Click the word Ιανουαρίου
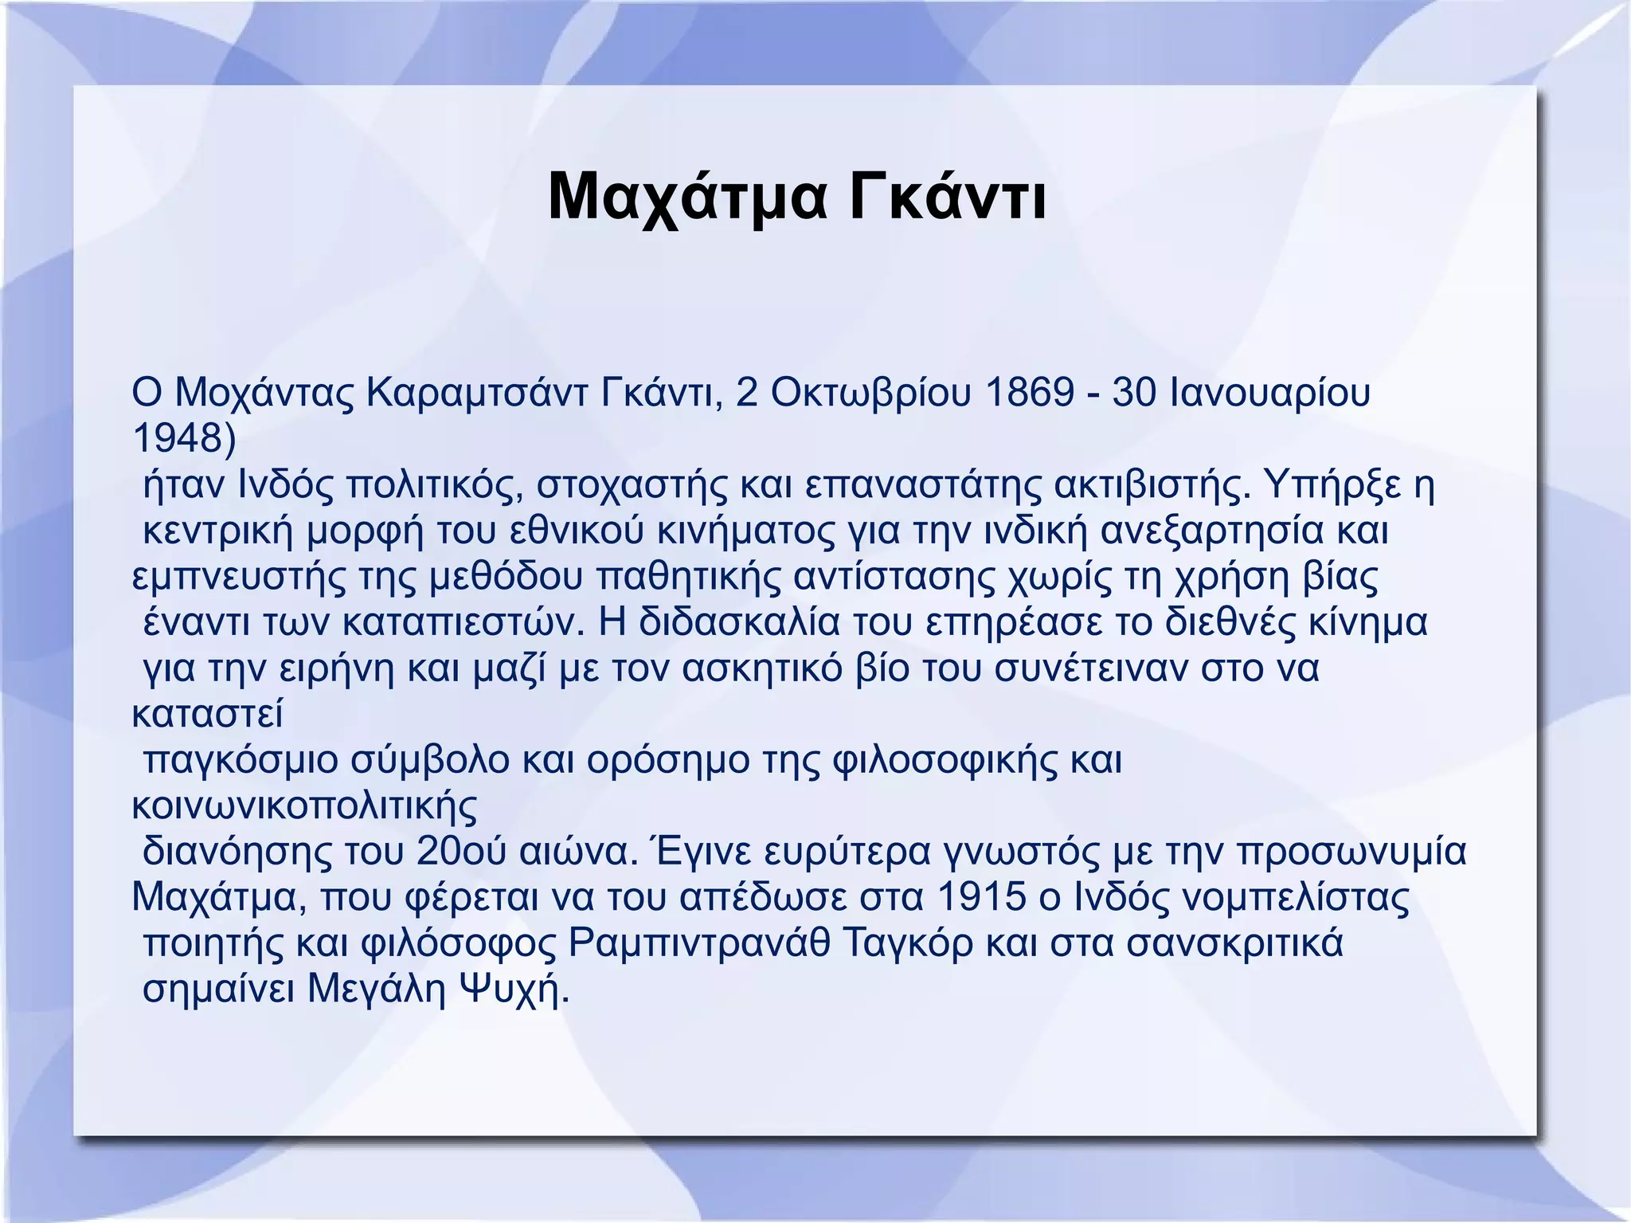pyautogui.click(x=1270, y=394)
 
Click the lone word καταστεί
pyautogui.click(x=207, y=715)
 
